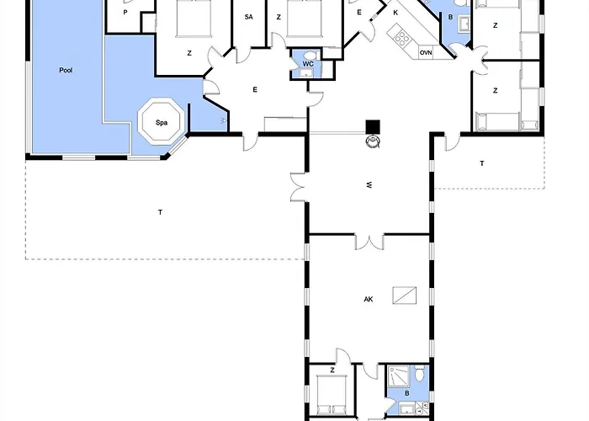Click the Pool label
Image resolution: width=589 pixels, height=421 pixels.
click(66, 70)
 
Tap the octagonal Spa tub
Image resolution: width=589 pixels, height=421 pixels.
click(162, 121)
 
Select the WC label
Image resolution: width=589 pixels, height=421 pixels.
click(308, 64)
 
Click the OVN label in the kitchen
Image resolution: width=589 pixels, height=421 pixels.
click(426, 53)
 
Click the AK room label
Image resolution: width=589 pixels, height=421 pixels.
click(369, 299)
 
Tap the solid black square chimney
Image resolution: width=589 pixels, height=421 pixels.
click(373, 126)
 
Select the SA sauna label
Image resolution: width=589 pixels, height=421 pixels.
click(249, 17)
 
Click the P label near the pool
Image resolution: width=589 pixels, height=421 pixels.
click(125, 13)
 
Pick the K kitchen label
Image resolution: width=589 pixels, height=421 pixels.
click(395, 13)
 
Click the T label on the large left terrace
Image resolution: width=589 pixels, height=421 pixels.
click(161, 212)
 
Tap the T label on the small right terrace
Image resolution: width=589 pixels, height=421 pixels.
click(482, 163)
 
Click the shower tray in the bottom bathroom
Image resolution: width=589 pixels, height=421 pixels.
click(398, 376)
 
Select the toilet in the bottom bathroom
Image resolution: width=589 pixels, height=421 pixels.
click(420, 373)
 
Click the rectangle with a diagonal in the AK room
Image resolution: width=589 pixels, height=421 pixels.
click(405, 295)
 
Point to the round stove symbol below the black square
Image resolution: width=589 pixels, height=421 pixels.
click(373, 141)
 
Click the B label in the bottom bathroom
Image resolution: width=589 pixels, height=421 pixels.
click(406, 393)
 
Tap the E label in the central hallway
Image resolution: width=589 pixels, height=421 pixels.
click(255, 89)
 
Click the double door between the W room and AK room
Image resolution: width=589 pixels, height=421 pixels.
click(369, 242)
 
